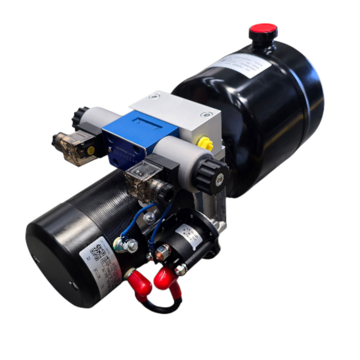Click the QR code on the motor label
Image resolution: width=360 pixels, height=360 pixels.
pyautogui.click(x=98, y=254)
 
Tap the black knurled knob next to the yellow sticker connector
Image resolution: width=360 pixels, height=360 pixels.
pyautogui.click(x=81, y=117)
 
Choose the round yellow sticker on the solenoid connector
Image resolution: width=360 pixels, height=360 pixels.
pyautogui.click(x=91, y=151)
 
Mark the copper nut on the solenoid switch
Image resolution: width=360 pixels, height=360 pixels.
pyautogui.click(x=163, y=252)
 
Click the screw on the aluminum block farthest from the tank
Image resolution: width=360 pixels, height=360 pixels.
pyautogui.click(x=153, y=97)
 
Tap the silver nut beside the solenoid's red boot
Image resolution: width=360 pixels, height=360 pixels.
pyautogui.click(x=181, y=269)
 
